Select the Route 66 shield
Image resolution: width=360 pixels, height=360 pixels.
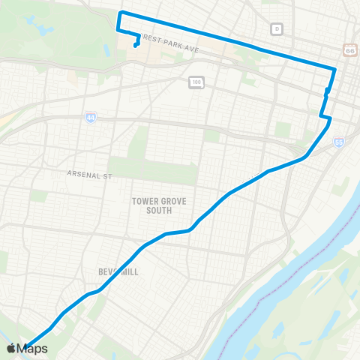350,49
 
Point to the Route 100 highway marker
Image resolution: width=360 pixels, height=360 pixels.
196,81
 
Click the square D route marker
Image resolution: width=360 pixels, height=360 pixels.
277,28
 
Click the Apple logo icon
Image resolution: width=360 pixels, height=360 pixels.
12,348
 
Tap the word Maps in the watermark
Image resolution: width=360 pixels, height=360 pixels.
33,348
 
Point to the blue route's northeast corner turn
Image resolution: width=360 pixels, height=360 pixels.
334,69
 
